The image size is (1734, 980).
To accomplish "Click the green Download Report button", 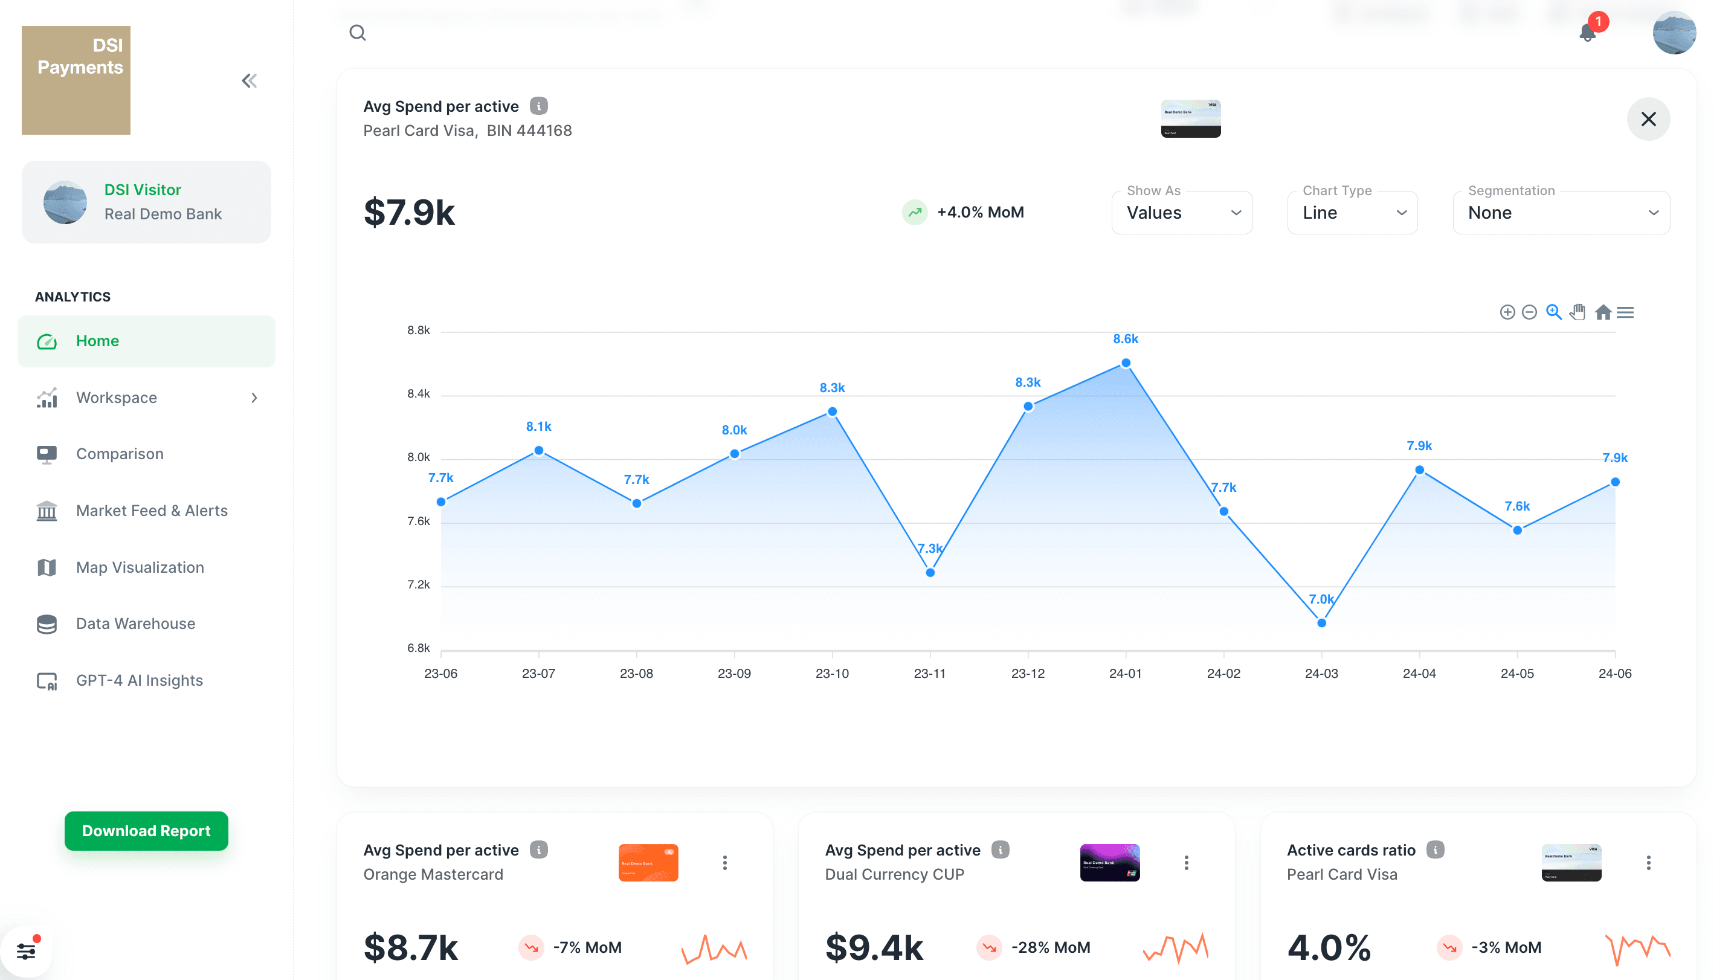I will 146,831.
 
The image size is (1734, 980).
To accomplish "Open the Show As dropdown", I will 1181,213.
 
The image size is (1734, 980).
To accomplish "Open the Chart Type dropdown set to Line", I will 1352,213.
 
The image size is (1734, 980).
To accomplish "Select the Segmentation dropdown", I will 1561,213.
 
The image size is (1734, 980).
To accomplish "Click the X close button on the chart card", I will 1648,119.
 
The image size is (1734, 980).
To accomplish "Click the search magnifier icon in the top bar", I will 358,32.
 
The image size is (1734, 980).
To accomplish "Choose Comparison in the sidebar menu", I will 120,454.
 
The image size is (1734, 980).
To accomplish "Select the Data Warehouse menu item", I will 135,624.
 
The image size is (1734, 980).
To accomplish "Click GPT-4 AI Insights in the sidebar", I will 140,680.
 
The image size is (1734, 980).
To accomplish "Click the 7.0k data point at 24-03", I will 1321,622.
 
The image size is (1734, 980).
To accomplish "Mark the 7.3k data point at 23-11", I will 930,573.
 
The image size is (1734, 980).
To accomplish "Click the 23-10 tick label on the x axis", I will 832,673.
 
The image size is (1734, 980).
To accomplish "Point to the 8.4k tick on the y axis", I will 418,394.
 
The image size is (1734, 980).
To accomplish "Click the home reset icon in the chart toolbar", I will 1603,312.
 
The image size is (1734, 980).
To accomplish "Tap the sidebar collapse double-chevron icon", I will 249,81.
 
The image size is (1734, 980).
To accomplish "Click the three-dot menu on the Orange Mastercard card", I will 724,862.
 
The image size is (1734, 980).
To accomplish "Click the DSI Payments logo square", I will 76,80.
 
